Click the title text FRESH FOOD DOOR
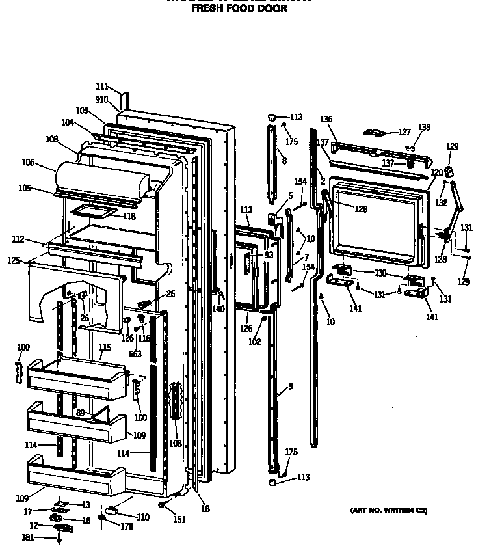pos(239,10)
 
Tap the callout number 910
pos(102,100)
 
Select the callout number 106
pos(46,163)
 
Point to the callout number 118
pos(129,216)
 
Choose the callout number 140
pos(218,309)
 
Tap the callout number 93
pos(269,255)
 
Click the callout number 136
pos(326,119)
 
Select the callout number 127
pos(405,131)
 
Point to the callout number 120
pos(436,172)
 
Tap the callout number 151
pos(179,519)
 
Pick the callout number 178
pos(126,527)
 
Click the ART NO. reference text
pos(389,510)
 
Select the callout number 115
pos(105,348)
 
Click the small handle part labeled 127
pos(375,133)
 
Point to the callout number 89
pos(80,413)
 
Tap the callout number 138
pos(424,128)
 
